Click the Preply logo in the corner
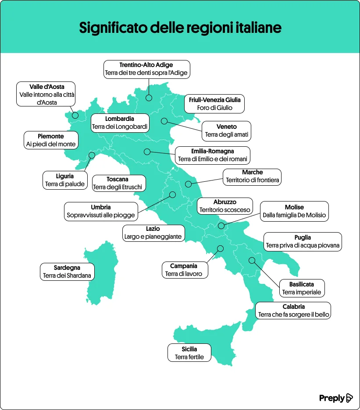(335, 398)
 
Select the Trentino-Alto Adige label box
(147, 69)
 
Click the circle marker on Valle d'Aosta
(75, 116)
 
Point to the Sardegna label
(67, 272)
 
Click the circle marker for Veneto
(164, 121)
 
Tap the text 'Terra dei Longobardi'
(120, 127)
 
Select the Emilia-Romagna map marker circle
(147, 152)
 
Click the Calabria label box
(293, 311)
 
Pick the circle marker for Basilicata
(252, 260)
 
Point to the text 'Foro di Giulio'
(215, 108)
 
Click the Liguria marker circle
(92, 155)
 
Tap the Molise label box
(294, 211)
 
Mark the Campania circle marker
(220, 248)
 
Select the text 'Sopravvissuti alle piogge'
(100, 216)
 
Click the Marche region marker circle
(189, 184)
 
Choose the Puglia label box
(303, 241)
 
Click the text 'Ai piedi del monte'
(51, 144)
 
